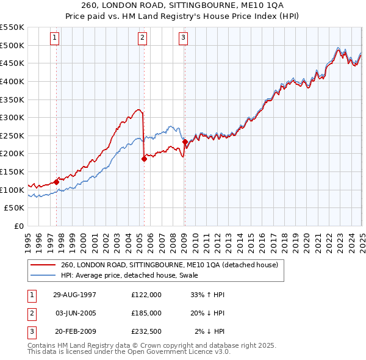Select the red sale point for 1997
point(57,181)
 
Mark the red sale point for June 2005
point(145,159)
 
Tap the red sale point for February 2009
point(185,142)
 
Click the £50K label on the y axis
point(15,207)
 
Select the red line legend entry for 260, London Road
point(170,265)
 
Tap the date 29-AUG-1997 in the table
point(74,294)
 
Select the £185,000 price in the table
point(146,313)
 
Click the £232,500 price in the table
point(146,331)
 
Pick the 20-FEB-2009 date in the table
point(74,331)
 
